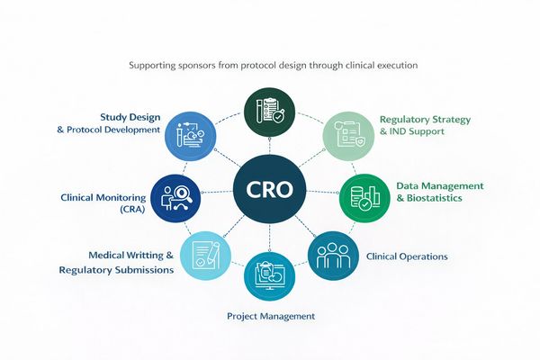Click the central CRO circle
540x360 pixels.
270,192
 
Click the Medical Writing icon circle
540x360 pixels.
205,254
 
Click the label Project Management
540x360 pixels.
270,316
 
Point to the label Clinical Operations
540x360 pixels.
407,256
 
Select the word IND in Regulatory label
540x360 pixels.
398,133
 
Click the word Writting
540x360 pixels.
143,255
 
